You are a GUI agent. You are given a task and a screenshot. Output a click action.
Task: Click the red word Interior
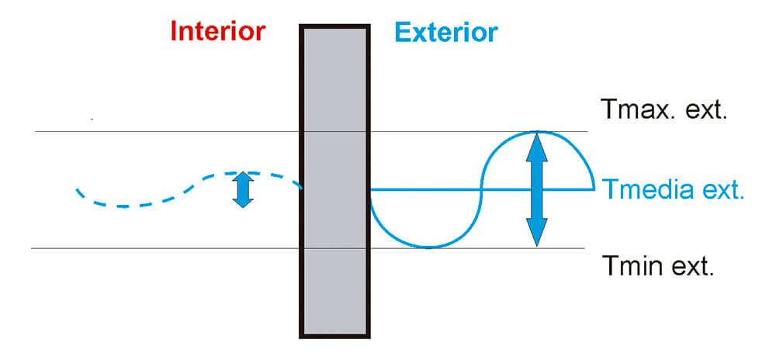tap(218, 31)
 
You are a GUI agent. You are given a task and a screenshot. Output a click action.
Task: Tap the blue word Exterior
tap(446, 32)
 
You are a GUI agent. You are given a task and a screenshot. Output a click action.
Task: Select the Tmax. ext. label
tap(664, 109)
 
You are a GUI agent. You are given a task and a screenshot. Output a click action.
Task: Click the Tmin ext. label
tap(657, 268)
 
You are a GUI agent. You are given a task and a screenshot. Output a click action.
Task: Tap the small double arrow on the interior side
tap(243, 189)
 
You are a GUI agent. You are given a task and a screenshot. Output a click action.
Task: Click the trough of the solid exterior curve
tap(427, 247)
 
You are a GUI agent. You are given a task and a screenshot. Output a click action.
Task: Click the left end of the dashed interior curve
tap(77, 189)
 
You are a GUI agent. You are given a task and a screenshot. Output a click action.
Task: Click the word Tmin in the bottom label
tap(629, 268)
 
